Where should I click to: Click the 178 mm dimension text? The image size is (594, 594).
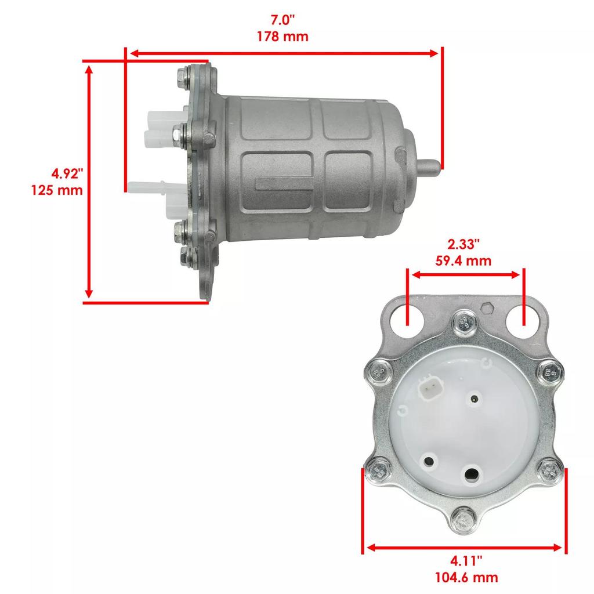point(282,37)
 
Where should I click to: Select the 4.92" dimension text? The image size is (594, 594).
point(68,173)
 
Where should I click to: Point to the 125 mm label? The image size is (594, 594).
point(57,190)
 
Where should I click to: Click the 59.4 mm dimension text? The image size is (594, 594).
point(463,260)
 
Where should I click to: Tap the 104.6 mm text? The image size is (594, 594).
point(467,577)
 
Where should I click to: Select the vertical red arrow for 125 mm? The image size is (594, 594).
point(89,180)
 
